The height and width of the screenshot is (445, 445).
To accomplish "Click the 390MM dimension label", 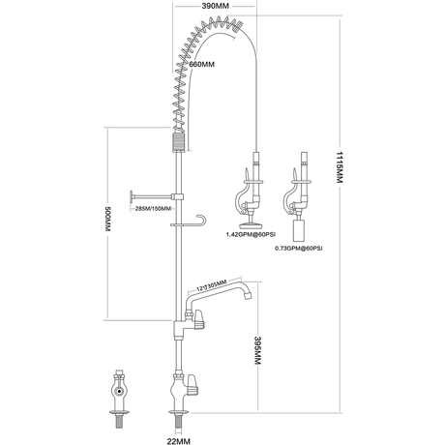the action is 215,6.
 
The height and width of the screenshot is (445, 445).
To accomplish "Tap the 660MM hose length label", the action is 202,64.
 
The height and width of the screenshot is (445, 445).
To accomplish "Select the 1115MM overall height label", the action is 339,166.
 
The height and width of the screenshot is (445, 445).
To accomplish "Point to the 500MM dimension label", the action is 107,219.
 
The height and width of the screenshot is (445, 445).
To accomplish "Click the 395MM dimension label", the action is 257,350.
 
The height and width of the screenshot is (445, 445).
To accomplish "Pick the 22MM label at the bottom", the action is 179,441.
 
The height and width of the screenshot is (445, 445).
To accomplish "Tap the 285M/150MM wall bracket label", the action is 153,209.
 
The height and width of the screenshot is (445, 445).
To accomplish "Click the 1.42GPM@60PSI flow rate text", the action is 251,234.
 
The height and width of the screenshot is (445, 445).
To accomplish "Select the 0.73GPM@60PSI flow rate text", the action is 298,249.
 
